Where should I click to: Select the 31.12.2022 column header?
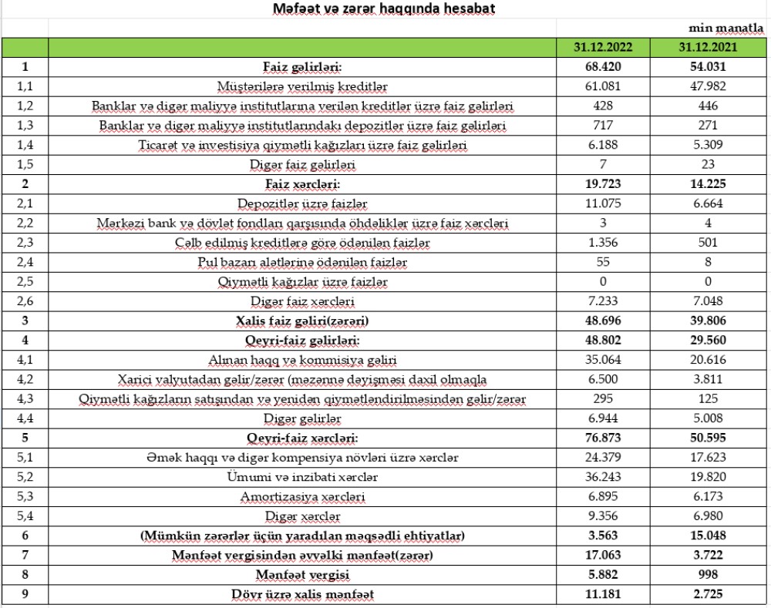603,47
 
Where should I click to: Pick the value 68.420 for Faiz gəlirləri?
603,67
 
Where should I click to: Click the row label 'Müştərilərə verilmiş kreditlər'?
302,86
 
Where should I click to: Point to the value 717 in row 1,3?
603,125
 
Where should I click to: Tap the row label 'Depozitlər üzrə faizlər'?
302,204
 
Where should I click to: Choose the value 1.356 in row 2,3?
603,244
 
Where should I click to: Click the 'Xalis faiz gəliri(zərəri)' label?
302,322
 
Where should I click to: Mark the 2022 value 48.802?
603,341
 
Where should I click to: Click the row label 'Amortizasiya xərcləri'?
302,498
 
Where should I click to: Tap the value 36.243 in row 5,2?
603,478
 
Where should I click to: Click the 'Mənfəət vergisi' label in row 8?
302,576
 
